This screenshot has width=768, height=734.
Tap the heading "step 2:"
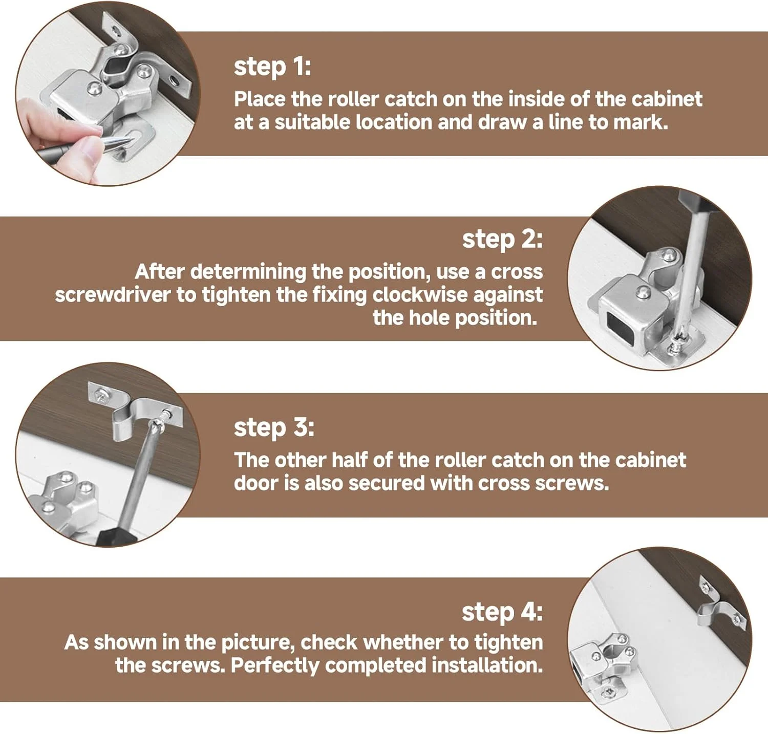[502, 240]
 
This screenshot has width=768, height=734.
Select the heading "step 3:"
[274, 428]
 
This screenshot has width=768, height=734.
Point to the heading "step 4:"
[502, 612]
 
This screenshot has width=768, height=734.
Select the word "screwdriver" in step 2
[113, 295]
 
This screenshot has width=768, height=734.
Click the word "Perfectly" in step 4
[274, 665]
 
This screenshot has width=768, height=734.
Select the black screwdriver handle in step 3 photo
[115, 532]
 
